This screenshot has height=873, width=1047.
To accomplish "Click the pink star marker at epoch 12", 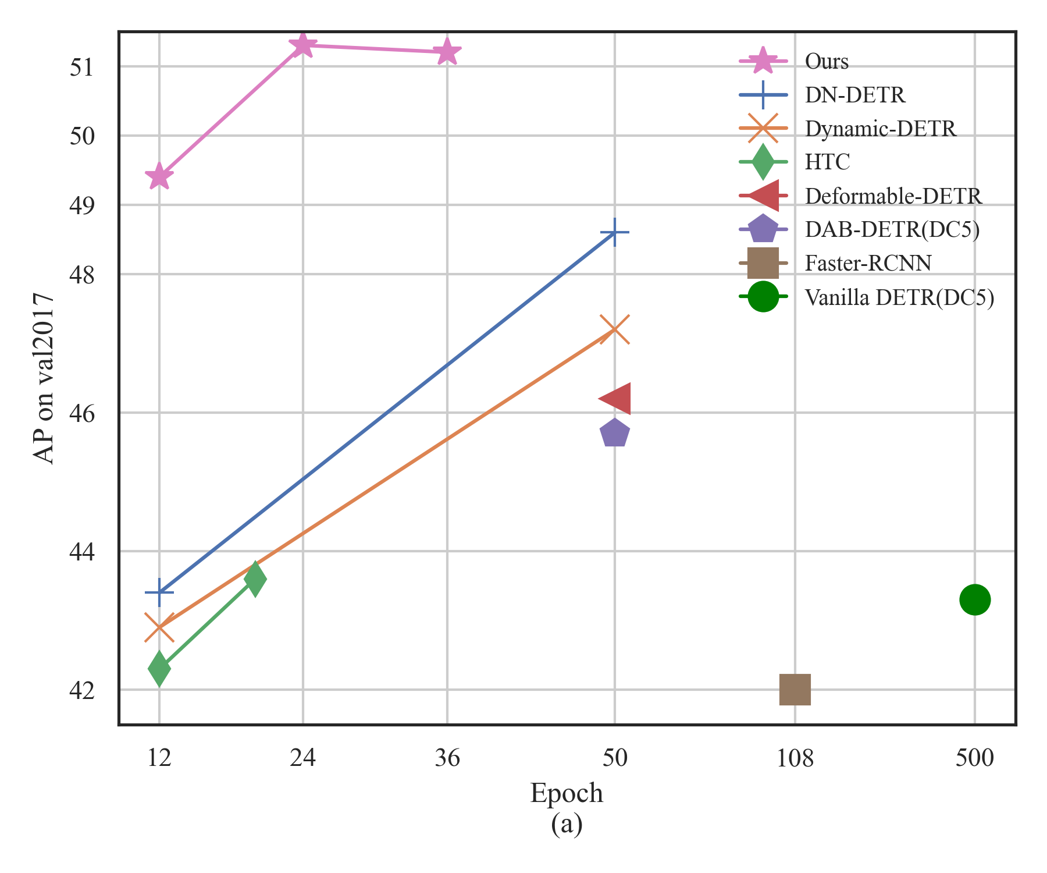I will (159, 176).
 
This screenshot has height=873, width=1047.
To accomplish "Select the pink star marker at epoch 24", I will (302, 45).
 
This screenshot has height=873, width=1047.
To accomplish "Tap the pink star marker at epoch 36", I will (447, 52).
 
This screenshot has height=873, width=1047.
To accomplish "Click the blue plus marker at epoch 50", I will (614, 233).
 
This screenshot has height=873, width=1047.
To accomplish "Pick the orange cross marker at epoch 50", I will (614, 329).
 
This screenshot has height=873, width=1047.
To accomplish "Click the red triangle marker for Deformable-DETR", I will (615, 399).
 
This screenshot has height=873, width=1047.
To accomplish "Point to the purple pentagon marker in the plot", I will (615, 434).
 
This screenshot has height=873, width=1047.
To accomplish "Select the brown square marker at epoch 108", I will (795, 690).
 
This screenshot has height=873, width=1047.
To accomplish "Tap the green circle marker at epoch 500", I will (975, 599).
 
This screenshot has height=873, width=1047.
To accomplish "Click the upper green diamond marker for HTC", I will (255, 579).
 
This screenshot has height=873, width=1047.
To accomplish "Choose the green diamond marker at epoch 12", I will (159, 668).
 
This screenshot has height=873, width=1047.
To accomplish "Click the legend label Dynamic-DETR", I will (881, 129).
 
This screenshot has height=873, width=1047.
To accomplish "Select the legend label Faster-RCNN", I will (868, 264).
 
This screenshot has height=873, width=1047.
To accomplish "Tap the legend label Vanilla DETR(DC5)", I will (899, 297).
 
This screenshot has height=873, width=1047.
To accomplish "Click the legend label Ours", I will (827, 61).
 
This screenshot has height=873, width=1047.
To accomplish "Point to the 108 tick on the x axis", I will (795, 758).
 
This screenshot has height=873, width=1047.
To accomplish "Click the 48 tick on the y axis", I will (81, 275).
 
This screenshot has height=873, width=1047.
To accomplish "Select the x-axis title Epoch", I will (567, 793).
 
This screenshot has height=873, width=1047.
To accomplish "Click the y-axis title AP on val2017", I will (44, 378).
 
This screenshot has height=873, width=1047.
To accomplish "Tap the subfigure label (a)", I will (567, 824).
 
